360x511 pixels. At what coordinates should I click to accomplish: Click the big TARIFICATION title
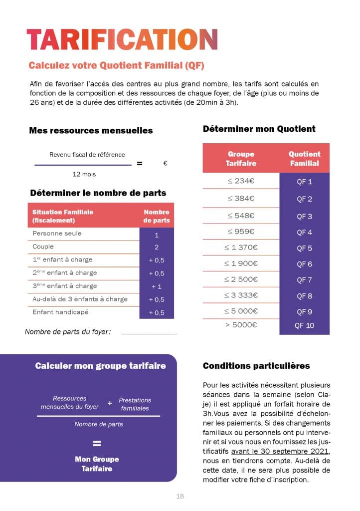click(x=122, y=39)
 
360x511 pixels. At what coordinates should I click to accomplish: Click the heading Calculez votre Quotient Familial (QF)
click(x=116, y=65)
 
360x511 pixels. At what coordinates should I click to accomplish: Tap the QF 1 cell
click(x=304, y=182)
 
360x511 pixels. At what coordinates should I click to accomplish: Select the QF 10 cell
click(x=304, y=326)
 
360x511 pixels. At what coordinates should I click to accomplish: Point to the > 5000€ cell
click(x=241, y=325)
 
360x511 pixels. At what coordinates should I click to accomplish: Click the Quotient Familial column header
click(x=304, y=158)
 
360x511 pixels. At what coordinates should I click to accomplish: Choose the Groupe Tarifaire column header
click(x=241, y=158)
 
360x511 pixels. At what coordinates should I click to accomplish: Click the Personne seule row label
click(x=57, y=234)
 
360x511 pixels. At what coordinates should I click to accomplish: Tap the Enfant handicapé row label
click(x=60, y=312)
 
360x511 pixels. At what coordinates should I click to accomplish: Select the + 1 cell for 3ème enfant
click(x=157, y=286)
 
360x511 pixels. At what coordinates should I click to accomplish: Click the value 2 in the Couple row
click(x=157, y=247)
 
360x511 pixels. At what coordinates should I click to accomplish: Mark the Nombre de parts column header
click(x=157, y=216)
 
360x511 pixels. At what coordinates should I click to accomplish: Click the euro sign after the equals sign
click(x=165, y=163)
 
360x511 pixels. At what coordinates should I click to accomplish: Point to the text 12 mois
click(x=84, y=174)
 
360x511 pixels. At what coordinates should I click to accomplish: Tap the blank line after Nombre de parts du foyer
click(x=149, y=333)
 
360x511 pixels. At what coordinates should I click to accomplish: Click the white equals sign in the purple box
click(x=97, y=444)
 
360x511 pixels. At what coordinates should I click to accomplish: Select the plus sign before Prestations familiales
click(x=110, y=402)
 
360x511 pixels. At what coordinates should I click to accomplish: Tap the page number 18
click(x=180, y=497)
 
